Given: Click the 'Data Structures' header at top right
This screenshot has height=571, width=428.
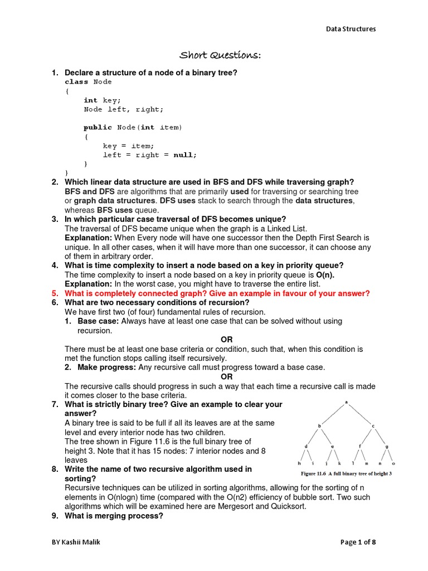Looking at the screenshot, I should tap(351, 29).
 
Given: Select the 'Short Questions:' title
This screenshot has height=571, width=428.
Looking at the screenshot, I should tap(220, 55).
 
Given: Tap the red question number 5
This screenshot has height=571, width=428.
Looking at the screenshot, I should tap(55, 293).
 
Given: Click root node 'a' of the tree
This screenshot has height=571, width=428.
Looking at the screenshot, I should tap(346, 402).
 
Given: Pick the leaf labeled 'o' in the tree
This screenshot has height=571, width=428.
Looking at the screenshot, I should tap(393, 463).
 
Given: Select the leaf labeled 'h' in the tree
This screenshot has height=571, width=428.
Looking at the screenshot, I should tap(300, 463).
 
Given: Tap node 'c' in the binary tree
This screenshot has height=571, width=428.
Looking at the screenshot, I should tap(373, 426).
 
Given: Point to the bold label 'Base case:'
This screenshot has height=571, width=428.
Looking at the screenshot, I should tap(98, 321).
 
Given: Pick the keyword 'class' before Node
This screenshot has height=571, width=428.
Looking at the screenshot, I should tap(76, 82).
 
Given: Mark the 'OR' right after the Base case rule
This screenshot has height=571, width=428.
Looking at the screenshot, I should tap(226, 340).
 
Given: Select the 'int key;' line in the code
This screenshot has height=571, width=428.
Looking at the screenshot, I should tap(102, 100).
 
